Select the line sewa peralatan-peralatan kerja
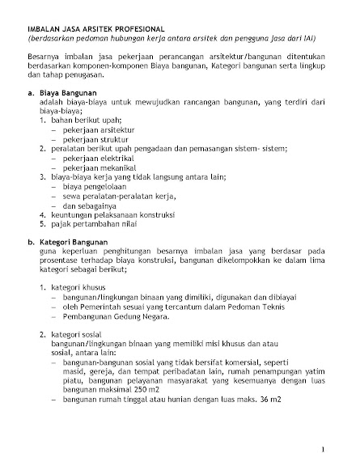tap(114, 197)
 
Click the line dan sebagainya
tap(91, 206)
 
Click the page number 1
tap(323, 448)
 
